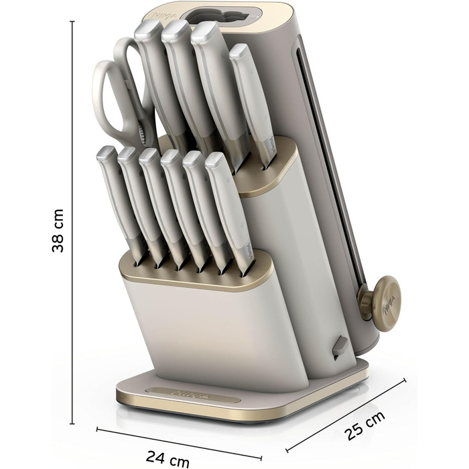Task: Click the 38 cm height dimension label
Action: pos(58,230)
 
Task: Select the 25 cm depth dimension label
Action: pos(364,426)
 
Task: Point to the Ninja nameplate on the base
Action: pos(193,395)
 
